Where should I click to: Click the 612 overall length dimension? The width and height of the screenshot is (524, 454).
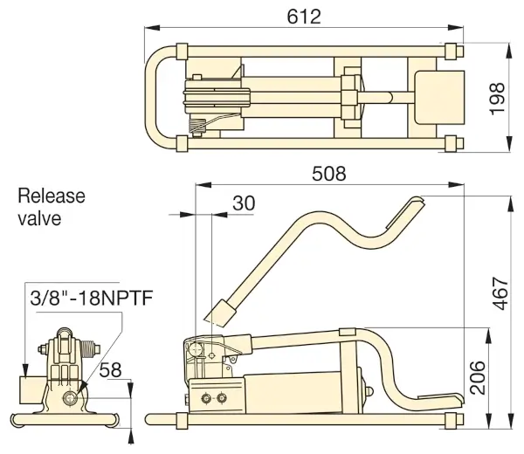(x=302, y=16)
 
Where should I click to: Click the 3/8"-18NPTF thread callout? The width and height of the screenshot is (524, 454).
(x=91, y=299)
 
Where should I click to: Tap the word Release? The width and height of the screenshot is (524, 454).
(x=52, y=196)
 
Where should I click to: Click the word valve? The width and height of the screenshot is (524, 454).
(x=39, y=217)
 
